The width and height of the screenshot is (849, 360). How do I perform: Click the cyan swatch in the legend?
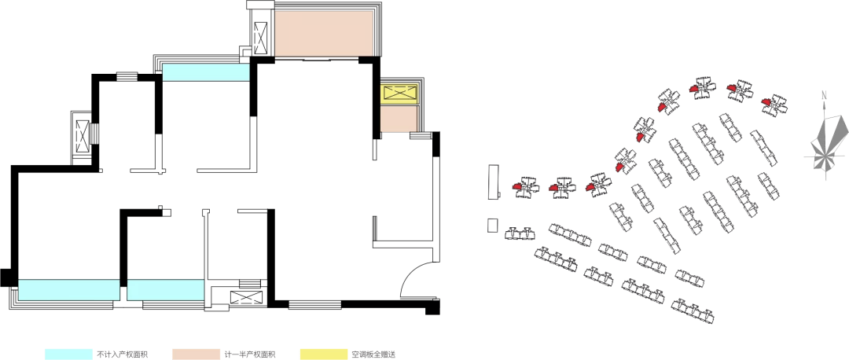pos(68,354)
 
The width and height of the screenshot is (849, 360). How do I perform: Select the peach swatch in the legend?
pos(196,354)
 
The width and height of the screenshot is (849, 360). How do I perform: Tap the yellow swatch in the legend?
pos(323,354)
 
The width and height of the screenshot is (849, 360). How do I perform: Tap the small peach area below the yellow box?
pos(399,119)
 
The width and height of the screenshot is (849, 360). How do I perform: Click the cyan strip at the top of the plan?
pos(206,72)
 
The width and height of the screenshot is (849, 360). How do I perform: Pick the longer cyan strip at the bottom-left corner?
pos(68,289)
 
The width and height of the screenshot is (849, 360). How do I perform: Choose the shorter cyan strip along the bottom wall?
pos(165,289)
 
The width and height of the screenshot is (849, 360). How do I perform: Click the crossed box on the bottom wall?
pos(243,298)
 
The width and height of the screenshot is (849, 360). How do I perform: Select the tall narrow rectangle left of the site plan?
pos(493,181)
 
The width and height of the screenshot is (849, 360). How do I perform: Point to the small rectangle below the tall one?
pos(493,226)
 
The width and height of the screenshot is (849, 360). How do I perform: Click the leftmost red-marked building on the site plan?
pos(525,187)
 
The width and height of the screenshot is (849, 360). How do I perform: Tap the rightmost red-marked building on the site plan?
pos(774,103)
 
